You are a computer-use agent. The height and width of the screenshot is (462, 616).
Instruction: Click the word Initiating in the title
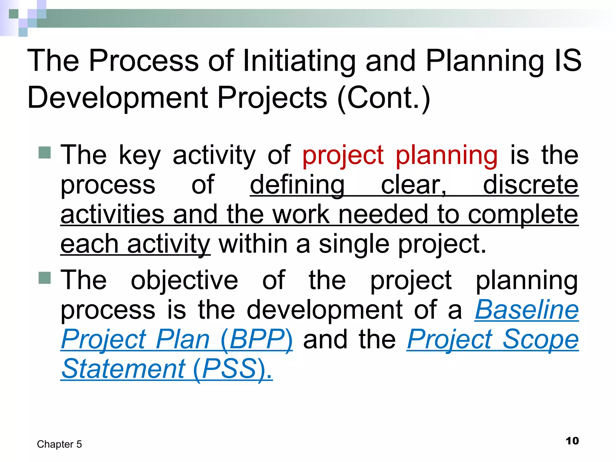[x=299, y=61]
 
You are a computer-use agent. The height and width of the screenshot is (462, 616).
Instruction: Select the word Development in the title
[x=118, y=98]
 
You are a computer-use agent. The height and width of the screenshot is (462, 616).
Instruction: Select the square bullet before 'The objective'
[x=45, y=278]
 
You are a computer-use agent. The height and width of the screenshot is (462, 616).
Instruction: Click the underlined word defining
[x=297, y=185]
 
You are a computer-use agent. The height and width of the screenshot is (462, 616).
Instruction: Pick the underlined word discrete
[x=531, y=185]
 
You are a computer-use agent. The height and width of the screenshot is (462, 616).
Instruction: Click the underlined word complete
[x=523, y=215]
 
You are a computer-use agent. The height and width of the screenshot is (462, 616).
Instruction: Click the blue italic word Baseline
[x=527, y=310]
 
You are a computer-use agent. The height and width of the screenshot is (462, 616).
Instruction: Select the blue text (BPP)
[x=256, y=340]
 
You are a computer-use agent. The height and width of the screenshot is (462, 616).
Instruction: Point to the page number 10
[x=572, y=441]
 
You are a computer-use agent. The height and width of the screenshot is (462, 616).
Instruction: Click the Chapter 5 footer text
[x=59, y=444]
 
